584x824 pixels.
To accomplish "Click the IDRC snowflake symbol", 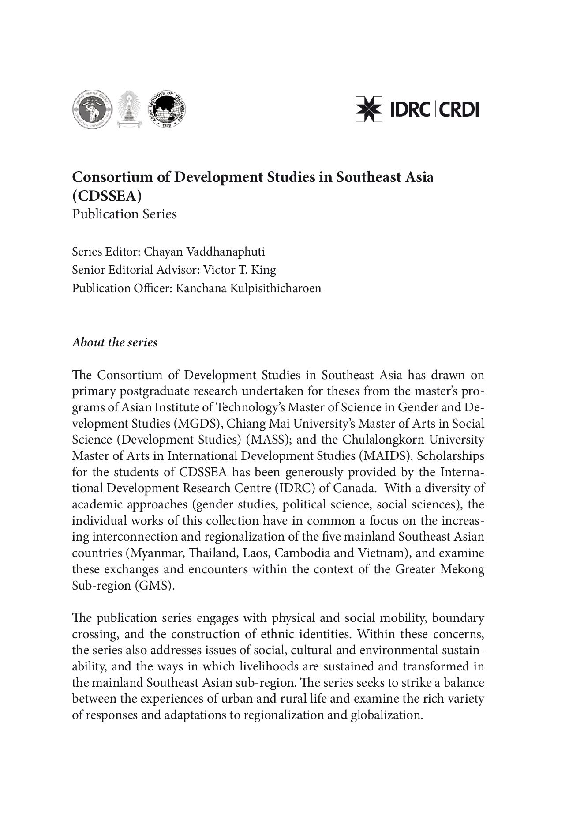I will (369, 109).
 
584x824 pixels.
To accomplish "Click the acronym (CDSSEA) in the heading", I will (107, 196).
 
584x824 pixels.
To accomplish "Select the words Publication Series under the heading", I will (124, 214).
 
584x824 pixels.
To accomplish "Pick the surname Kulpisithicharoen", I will (248, 288).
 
